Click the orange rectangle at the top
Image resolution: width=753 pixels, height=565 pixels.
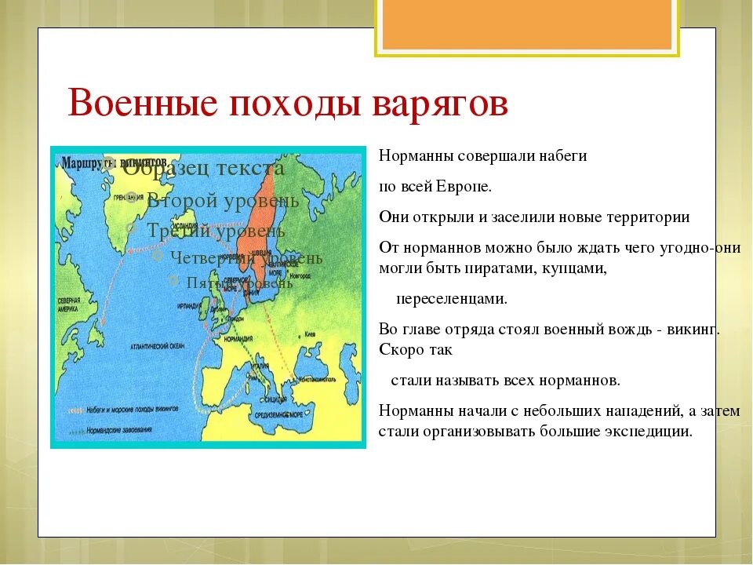pyautogui.click(x=526, y=24)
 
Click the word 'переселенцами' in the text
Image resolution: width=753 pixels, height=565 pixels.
pyautogui.click(x=451, y=299)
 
